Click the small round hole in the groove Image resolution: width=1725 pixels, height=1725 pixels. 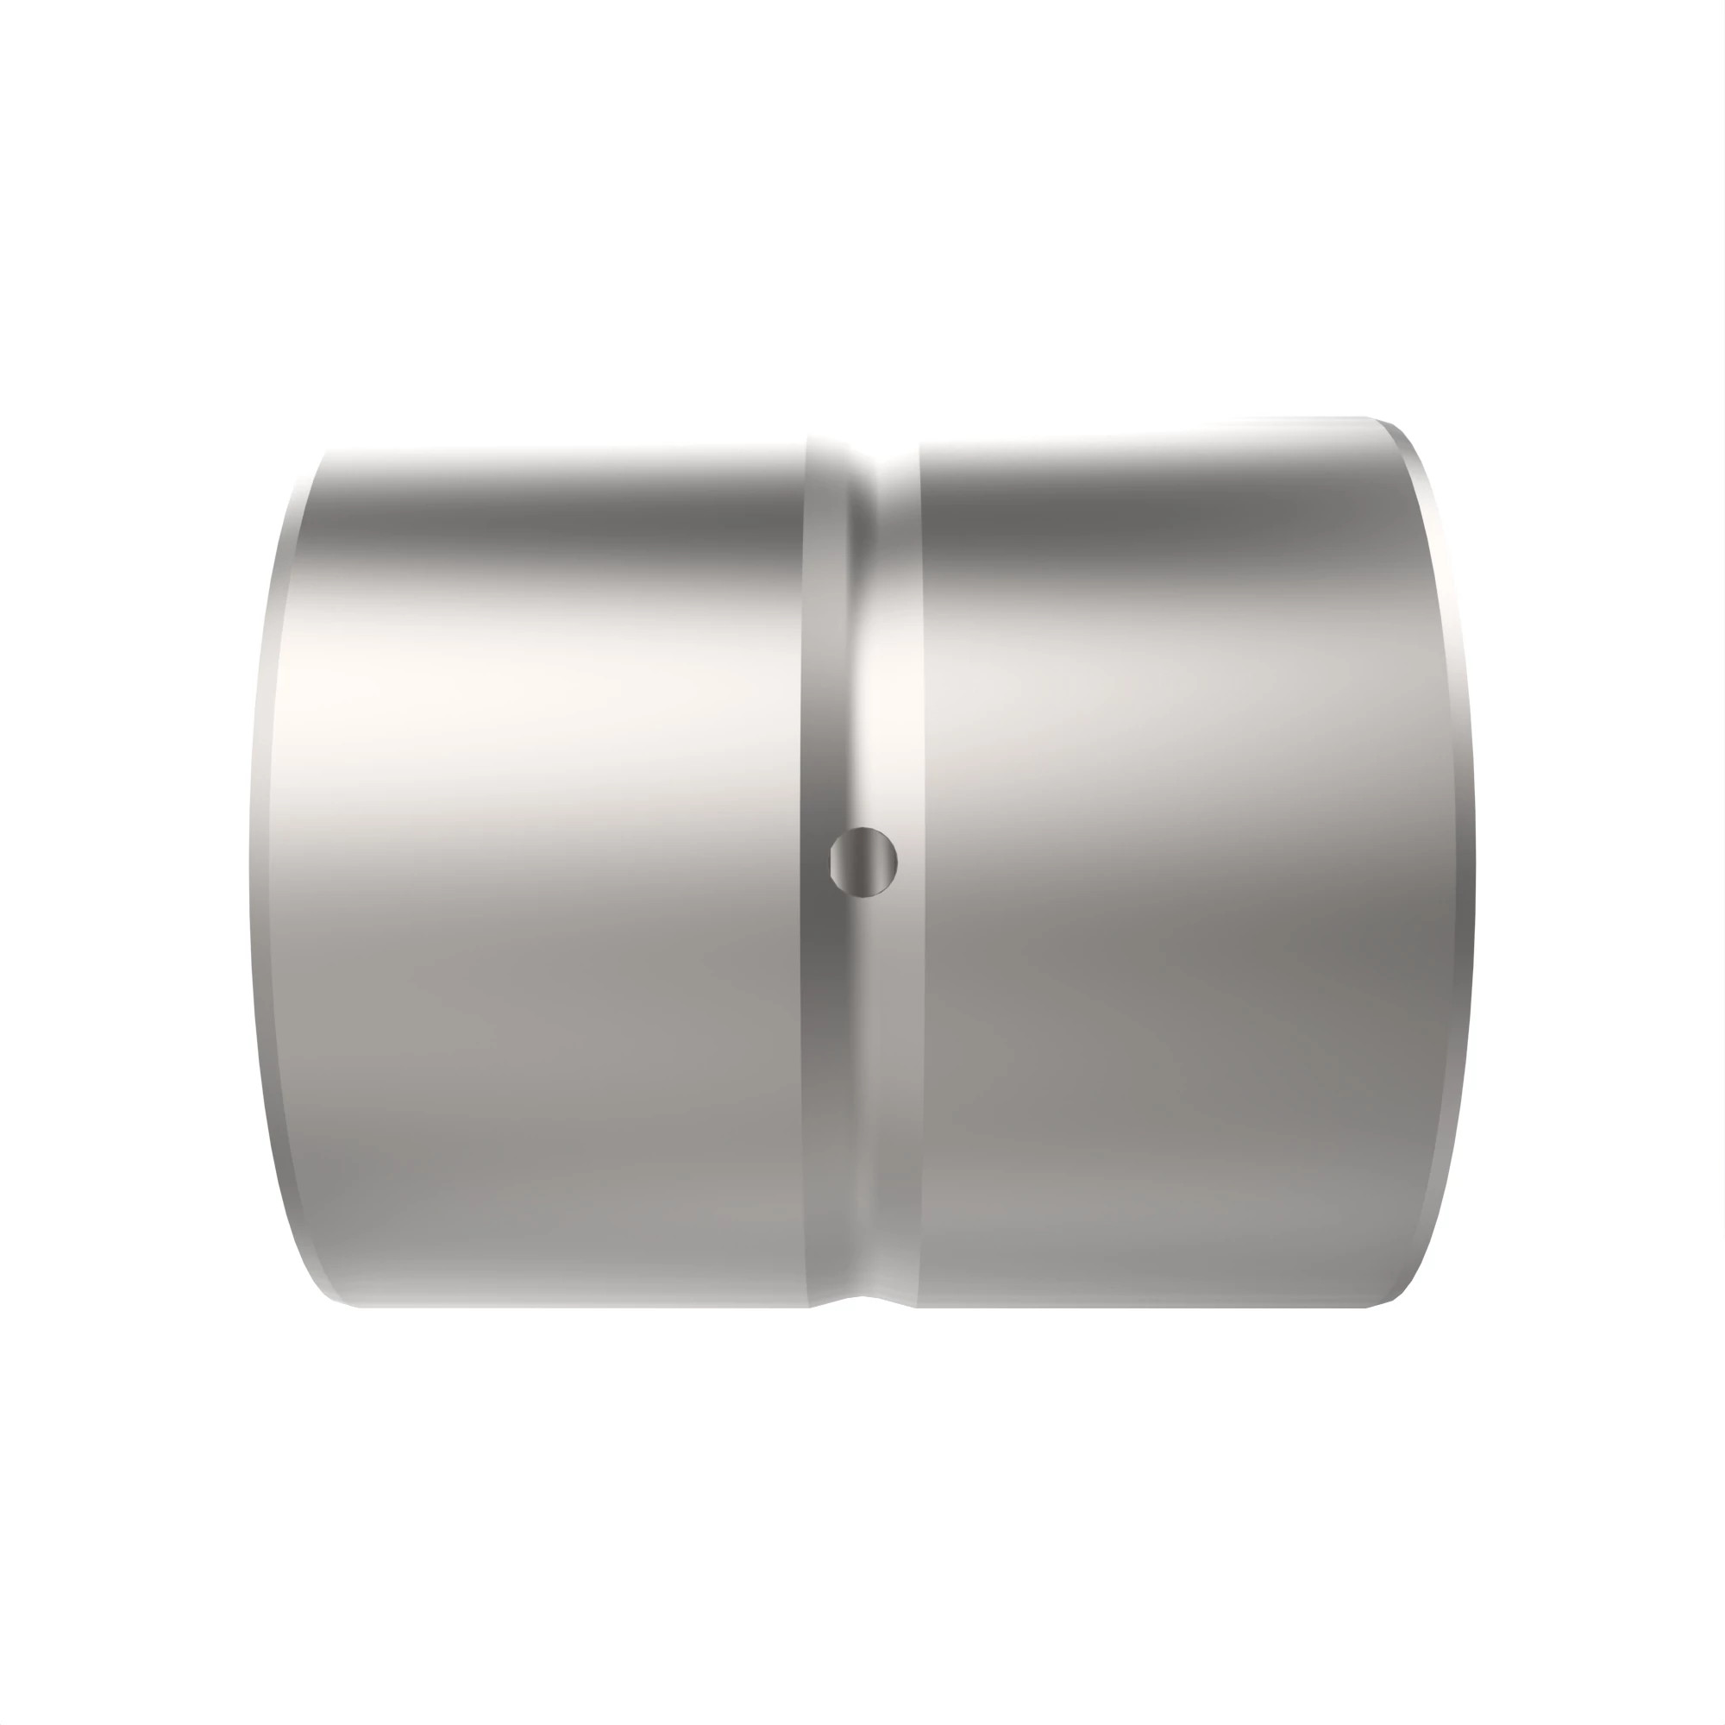pos(862,861)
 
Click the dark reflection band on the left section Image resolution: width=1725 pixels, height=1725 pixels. pos(554,527)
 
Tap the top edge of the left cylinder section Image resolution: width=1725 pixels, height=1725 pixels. pos(562,449)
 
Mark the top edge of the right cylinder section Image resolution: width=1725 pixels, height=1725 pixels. pos(1143,430)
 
